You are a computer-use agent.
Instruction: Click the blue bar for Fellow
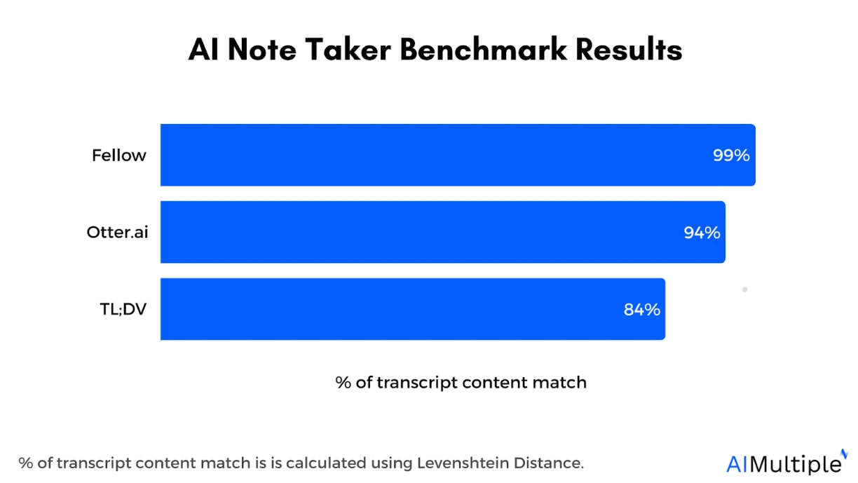click(435, 155)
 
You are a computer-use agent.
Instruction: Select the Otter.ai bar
click(421, 232)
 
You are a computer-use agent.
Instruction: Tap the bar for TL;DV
click(393, 309)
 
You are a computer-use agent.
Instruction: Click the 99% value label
click(731, 155)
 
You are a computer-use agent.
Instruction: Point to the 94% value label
click(702, 232)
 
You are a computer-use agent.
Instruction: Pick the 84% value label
click(641, 309)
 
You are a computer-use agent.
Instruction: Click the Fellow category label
click(119, 156)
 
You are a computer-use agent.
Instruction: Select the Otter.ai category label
click(117, 232)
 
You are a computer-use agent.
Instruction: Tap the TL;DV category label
click(123, 309)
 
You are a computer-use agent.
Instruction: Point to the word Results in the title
click(629, 50)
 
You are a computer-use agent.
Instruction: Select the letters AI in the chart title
click(203, 50)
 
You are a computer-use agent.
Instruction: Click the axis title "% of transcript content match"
click(461, 383)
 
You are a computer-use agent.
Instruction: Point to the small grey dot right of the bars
click(744, 290)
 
